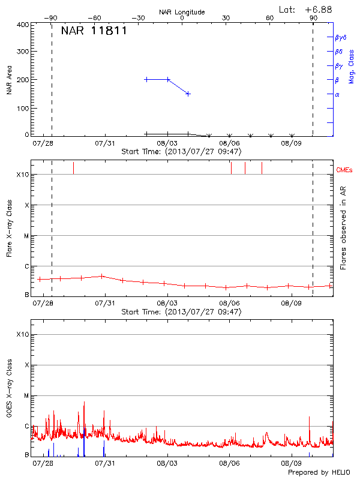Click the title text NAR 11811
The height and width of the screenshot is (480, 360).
[94, 31]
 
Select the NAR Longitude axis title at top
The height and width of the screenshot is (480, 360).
[182, 11]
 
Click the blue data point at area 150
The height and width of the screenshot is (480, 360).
[188, 94]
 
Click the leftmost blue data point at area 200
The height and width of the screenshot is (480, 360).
[146, 79]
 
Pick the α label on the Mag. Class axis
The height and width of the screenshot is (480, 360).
[337, 94]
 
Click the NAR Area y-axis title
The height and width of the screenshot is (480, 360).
[10, 80]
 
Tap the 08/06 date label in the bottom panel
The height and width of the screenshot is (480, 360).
[229, 463]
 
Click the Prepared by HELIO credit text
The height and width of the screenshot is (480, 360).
[318, 472]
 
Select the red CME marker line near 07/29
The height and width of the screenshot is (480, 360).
[73, 167]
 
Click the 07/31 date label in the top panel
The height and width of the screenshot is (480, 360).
[106, 143]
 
